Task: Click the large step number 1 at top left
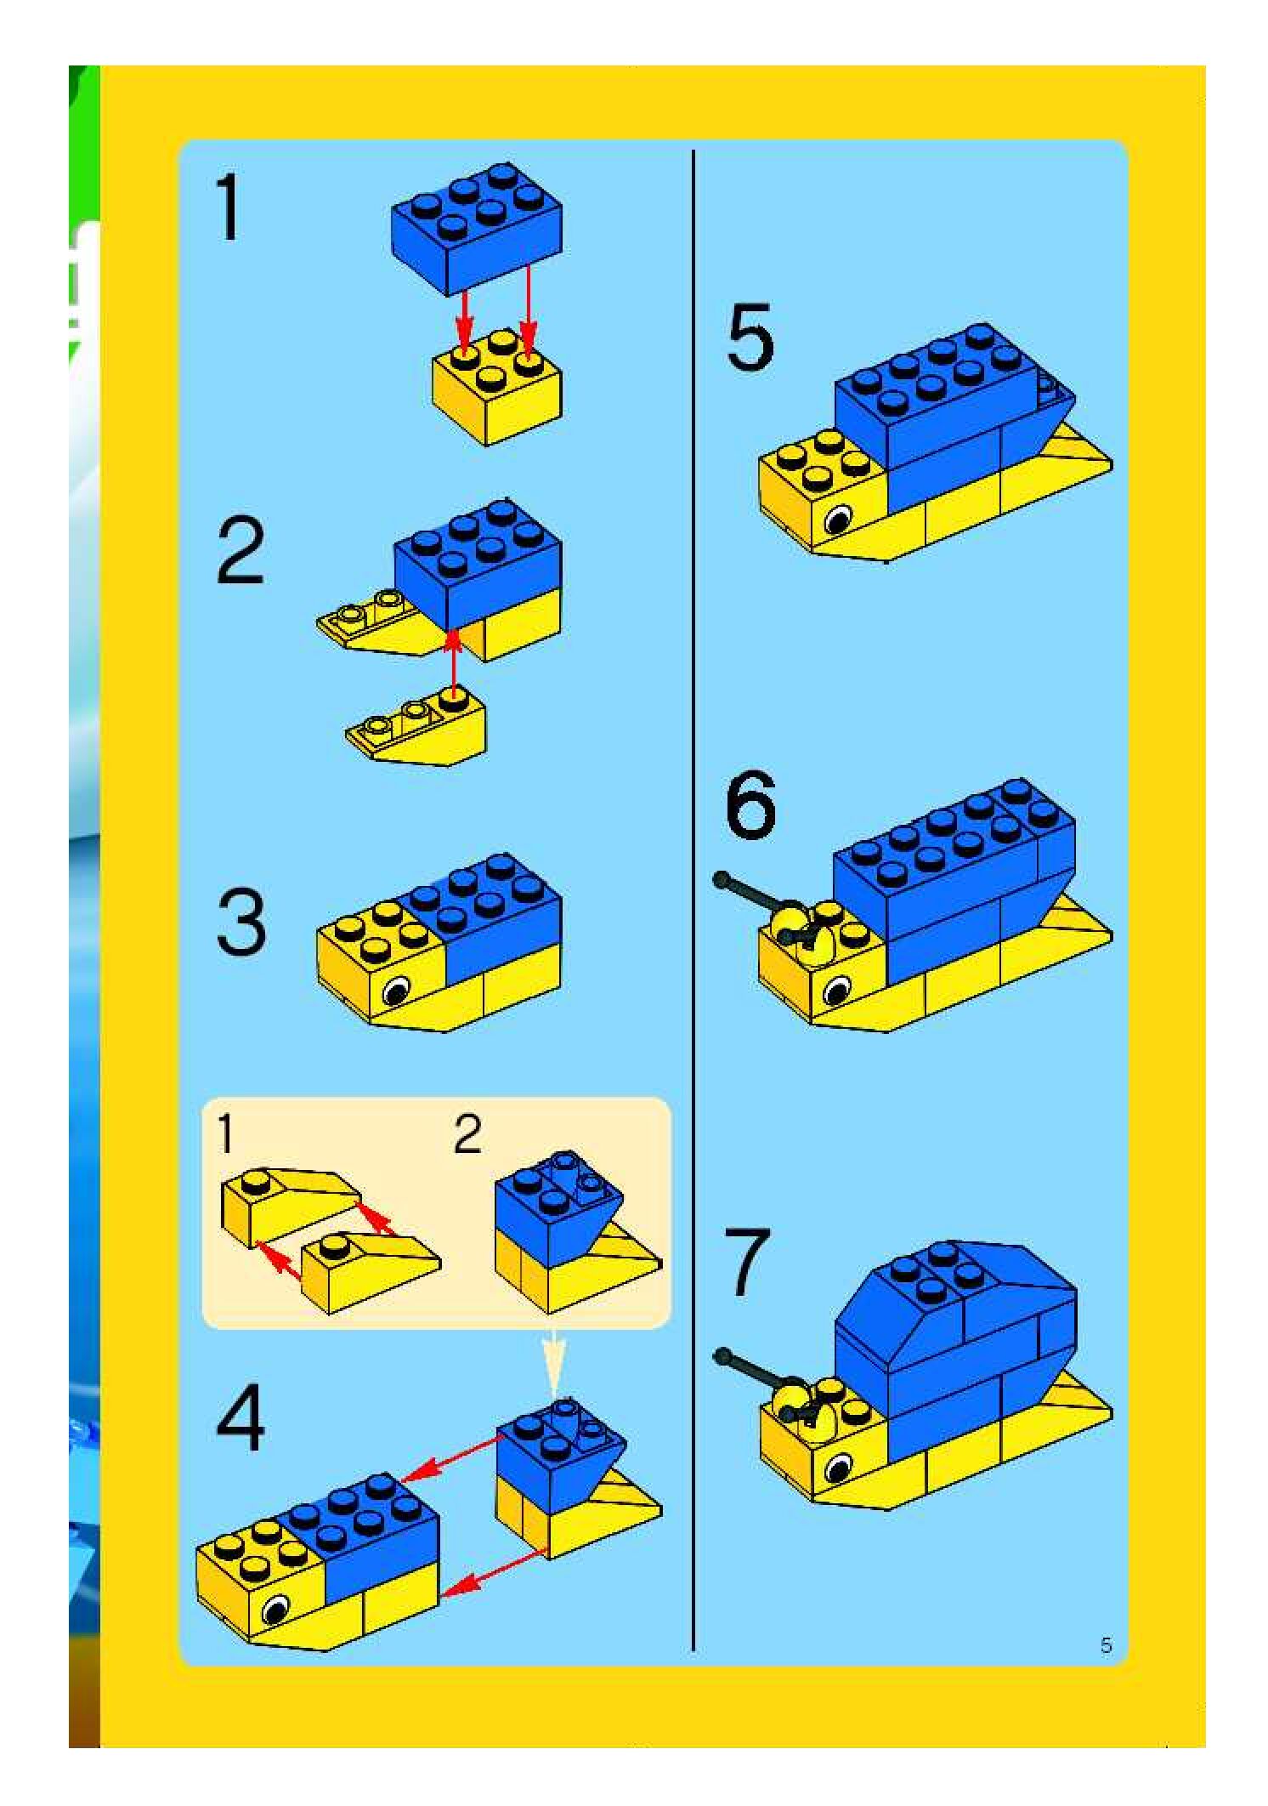[x=229, y=207]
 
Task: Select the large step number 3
[x=241, y=923]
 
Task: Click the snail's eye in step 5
[x=838, y=518]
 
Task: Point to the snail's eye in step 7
[x=838, y=1467]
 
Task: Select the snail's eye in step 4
[x=275, y=1610]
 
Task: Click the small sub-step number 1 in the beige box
[x=225, y=1134]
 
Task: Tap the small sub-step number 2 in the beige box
[x=468, y=1133]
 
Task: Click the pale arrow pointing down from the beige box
[x=554, y=1361]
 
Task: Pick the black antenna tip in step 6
[x=722, y=879]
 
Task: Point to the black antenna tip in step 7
[x=722, y=1354]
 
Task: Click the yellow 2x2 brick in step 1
[x=496, y=387]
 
